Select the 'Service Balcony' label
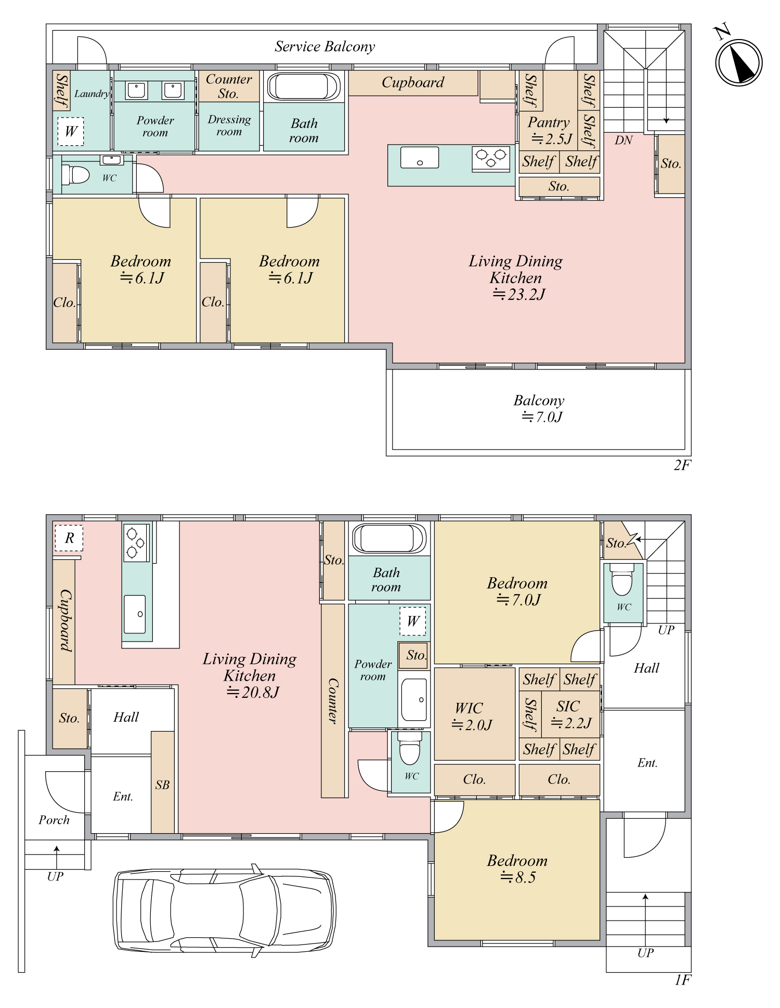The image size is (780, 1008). (x=325, y=47)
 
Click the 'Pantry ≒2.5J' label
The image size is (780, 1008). (x=550, y=131)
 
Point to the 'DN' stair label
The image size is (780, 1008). (x=623, y=140)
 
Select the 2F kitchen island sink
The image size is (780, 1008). (x=420, y=157)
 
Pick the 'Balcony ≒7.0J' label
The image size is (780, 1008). (x=540, y=409)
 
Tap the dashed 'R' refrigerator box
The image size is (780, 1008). (x=69, y=538)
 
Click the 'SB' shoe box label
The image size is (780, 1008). (x=162, y=785)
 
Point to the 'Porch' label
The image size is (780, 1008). (x=54, y=820)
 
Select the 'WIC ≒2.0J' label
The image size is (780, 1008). (x=472, y=716)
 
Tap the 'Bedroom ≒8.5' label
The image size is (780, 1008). (x=517, y=869)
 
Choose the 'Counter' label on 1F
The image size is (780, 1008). (x=332, y=700)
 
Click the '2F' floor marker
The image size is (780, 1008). (x=682, y=465)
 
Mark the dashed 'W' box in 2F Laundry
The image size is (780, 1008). (x=70, y=131)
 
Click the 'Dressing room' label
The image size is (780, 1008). (x=229, y=125)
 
